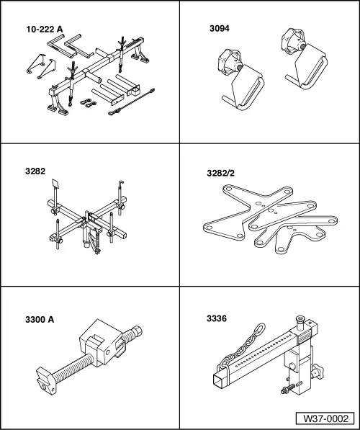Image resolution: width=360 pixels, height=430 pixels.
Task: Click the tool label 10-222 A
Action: click(45, 30)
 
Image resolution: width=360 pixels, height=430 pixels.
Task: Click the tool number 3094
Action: click(220, 29)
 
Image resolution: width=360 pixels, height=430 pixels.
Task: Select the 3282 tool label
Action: click(35, 171)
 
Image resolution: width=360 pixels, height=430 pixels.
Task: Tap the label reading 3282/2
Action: click(221, 173)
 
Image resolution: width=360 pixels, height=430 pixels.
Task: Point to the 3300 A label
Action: click(40, 320)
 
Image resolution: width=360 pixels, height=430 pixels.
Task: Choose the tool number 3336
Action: click(217, 318)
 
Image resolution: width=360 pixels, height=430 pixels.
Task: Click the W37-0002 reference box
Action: click(325, 418)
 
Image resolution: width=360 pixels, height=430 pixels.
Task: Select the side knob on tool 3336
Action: click(318, 373)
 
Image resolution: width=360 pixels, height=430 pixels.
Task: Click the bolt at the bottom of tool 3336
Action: click(288, 390)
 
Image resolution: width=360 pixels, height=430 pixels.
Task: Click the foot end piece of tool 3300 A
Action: click(46, 380)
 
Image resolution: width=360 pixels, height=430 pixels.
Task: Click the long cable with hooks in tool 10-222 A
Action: click(132, 102)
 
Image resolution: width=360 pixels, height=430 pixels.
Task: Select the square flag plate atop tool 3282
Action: click(55, 184)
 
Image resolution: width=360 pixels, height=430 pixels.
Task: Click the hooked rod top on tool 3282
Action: click(121, 183)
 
